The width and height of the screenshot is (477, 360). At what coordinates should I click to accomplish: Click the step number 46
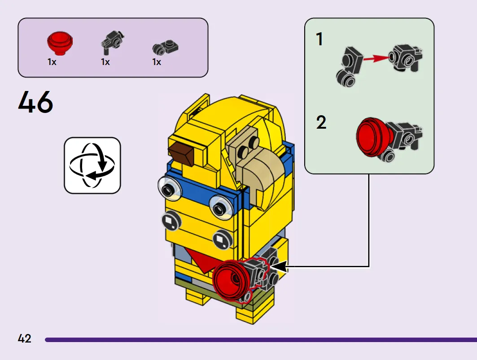pyautogui.click(x=35, y=102)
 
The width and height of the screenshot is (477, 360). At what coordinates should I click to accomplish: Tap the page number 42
pyautogui.click(x=24, y=338)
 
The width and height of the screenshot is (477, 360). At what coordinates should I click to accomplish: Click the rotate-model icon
pyautogui.click(x=92, y=165)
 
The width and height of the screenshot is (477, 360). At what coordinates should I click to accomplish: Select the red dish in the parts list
pyautogui.click(x=60, y=43)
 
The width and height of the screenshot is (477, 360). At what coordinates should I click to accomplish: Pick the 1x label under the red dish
pyautogui.click(x=52, y=62)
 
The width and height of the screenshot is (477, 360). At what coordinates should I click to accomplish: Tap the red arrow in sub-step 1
pyautogui.click(x=376, y=58)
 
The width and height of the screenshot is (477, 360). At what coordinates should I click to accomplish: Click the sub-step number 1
pyautogui.click(x=319, y=39)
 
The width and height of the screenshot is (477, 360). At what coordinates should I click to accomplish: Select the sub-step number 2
pyautogui.click(x=321, y=122)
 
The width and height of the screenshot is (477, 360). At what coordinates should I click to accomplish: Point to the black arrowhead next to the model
pyautogui.click(x=278, y=266)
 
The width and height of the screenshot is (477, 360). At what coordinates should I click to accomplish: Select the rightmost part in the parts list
pyautogui.click(x=165, y=47)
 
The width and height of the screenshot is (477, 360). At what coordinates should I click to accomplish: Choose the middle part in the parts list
pyautogui.click(x=112, y=42)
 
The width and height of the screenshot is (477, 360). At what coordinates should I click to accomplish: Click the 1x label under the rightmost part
pyautogui.click(x=157, y=62)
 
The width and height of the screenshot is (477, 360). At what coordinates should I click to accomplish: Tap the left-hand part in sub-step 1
pyautogui.click(x=350, y=66)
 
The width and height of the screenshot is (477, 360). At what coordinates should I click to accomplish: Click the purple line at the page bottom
pyautogui.click(x=261, y=340)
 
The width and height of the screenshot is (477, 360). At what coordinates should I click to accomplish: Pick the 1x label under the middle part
pyautogui.click(x=105, y=62)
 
